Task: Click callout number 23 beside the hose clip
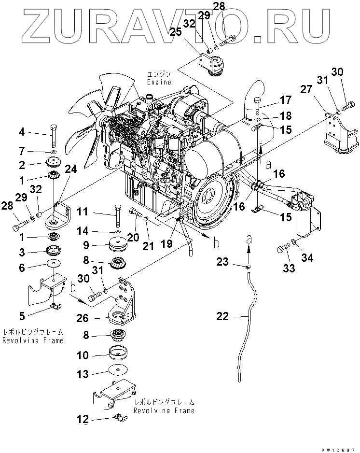point(222,261)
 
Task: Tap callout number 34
point(306,258)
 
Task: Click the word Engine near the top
point(160,82)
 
